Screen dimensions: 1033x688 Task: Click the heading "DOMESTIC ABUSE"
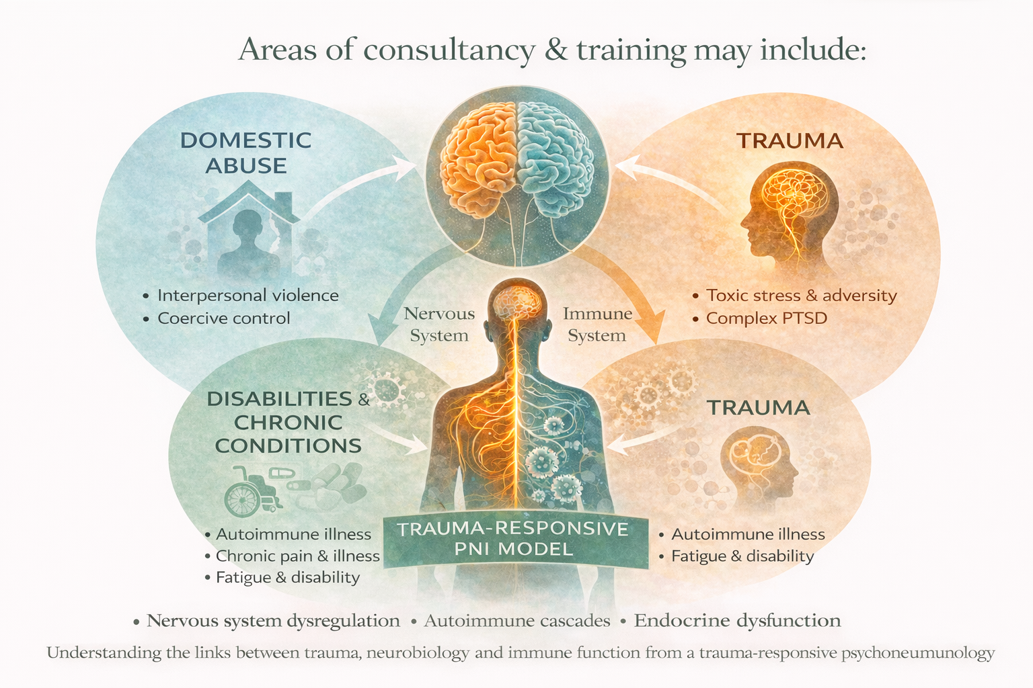pyautogui.click(x=246, y=153)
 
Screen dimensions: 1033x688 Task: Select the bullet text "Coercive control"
pyautogui.click(x=223, y=318)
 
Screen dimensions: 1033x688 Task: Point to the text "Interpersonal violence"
pyautogui.click(x=247, y=295)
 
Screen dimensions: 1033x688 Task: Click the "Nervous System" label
pyautogui.click(x=439, y=324)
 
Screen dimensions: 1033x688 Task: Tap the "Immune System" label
pyautogui.click(x=597, y=324)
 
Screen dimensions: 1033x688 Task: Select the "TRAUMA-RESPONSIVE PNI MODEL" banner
pyautogui.click(x=513, y=539)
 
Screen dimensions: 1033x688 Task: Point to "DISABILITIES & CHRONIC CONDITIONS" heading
pyautogui.click(x=288, y=422)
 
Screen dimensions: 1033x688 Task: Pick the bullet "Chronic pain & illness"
pyautogui.click(x=297, y=556)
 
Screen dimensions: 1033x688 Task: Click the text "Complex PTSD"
pyautogui.click(x=766, y=318)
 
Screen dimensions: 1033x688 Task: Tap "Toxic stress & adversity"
pyautogui.click(x=801, y=295)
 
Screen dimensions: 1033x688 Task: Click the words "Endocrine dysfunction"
pyautogui.click(x=737, y=620)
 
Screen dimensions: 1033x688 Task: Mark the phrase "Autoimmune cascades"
pyautogui.click(x=516, y=620)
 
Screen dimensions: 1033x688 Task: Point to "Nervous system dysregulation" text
pyautogui.click(x=273, y=620)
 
